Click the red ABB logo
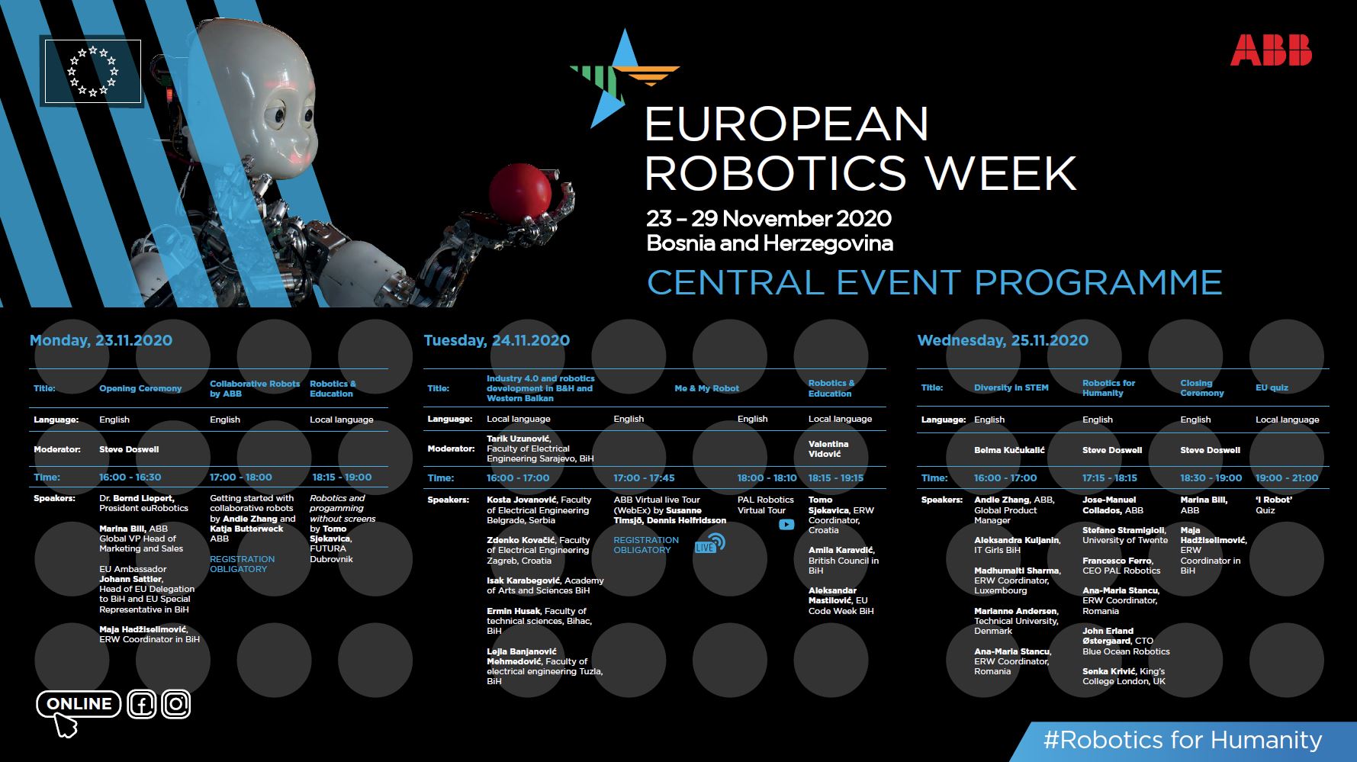point(1271,50)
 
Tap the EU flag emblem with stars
point(93,71)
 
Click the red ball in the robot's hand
point(519,192)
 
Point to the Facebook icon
point(142,704)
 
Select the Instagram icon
point(176,704)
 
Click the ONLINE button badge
point(79,704)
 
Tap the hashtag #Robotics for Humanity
point(1182,740)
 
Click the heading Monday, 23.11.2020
point(101,340)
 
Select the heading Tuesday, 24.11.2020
point(497,340)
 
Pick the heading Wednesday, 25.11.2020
point(1002,340)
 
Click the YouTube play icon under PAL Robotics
point(786,525)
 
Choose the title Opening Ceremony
point(140,388)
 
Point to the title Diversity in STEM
point(1011,387)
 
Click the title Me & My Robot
point(706,388)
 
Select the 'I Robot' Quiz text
point(1274,505)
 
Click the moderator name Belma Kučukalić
point(1009,450)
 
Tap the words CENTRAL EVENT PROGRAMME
point(934,283)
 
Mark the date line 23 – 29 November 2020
point(769,219)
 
